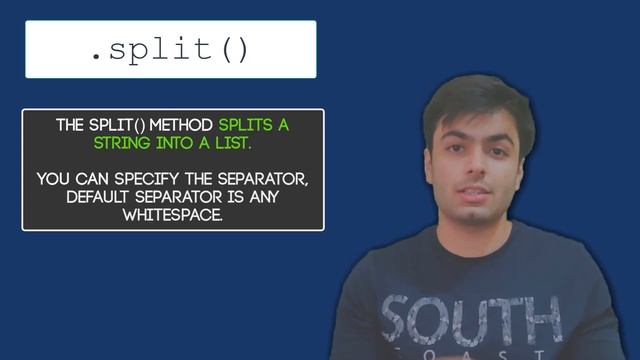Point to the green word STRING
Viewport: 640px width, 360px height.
123,144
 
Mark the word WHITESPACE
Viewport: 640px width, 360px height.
173,215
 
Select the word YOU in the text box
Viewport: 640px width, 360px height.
53,179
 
